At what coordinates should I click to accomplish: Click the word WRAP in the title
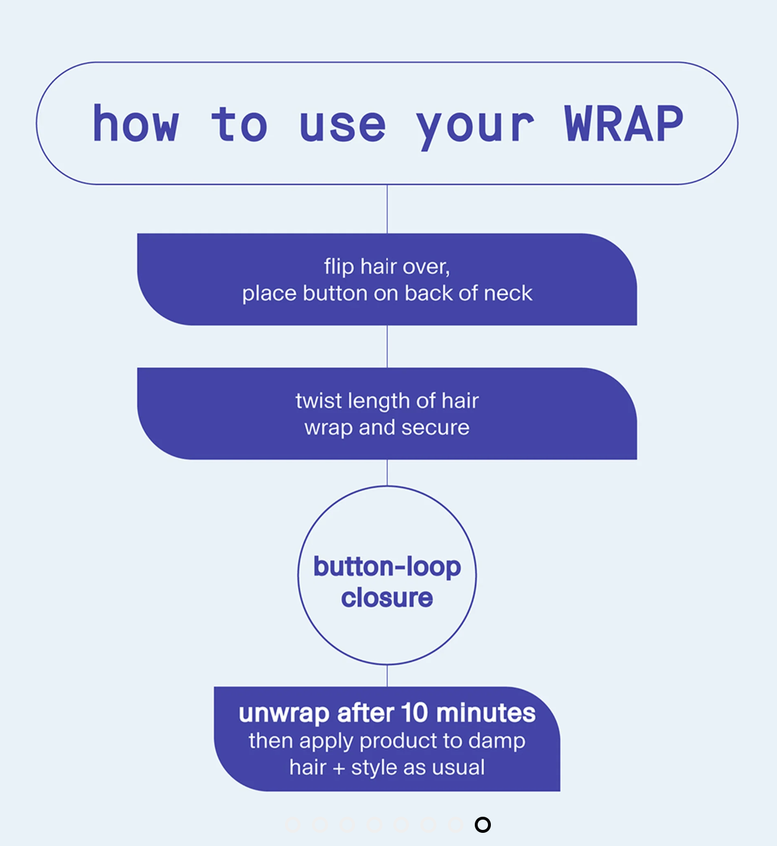[x=624, y=124]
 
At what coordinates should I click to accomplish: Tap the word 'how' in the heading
[x=136, y=124]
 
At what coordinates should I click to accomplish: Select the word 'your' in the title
[x=475, y=126]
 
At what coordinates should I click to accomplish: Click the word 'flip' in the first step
[x=339, y=267]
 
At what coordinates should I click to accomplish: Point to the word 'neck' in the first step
[x=508, y=293]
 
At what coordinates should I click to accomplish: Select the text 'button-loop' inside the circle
[x=387, y=567]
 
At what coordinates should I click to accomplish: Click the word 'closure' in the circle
[x=387, y=598]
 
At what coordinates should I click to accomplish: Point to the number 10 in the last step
[x=415, y=713]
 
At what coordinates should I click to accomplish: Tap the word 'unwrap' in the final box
[x=284, y=714]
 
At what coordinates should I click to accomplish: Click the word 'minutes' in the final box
[x=486, y=713]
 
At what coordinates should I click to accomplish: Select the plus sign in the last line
[x=339, y=768]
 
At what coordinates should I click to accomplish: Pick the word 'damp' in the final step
[x=497, y=740]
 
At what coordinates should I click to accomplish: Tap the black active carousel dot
[x=483, y=825]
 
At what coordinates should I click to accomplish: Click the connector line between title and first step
[x=387, y=209]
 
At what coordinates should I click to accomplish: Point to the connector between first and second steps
[x=387, y=346]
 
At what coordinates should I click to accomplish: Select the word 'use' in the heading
[x=342, y=125]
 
